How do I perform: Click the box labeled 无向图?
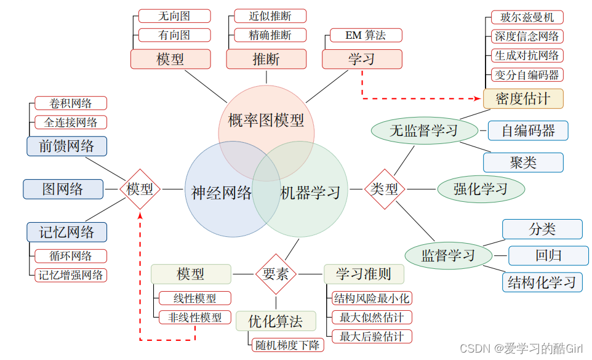[174, 16]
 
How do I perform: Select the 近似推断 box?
[270, 16]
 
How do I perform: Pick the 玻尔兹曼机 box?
[527, 17]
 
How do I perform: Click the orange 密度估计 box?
[523, 98]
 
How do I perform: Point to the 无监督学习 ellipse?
[425, 130]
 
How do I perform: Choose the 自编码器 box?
[528, 130]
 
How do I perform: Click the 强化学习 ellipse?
[481, 189]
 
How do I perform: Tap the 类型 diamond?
[385, 189]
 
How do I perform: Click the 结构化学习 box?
[542, 282]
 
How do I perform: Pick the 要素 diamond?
[276, 274]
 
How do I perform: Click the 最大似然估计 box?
[372, 318]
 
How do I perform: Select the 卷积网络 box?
[71, 103]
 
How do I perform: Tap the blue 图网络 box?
[63, 189]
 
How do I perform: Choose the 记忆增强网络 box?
[71, 275]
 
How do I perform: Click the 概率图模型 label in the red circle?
[266, 121]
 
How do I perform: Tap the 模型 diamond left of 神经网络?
[140, 189]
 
